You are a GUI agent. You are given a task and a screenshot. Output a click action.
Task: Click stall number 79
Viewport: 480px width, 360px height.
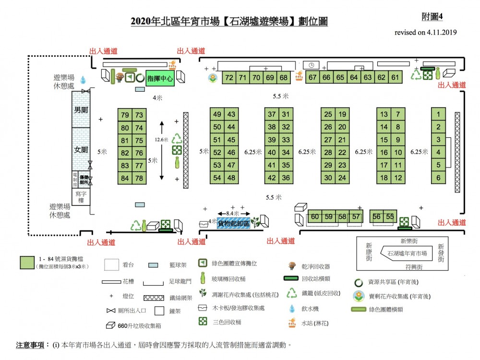pyautogui.click(x=125, y=115)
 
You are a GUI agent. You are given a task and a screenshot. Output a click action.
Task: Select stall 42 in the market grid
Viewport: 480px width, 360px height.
pyautogui.click(x=272, y=178)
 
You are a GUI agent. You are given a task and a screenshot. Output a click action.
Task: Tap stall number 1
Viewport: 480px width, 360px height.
pyautogui.click(x=438, y=115)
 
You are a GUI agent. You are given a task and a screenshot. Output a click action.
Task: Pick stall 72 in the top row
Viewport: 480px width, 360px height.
pyautogui.click(x=229, y=77)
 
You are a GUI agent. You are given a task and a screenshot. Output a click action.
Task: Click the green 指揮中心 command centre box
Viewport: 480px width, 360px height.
pyautogui.click(x=159, y=78)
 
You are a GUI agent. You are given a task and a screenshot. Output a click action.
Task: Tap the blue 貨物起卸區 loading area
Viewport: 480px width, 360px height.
pyautogui.click(x=234, y=224)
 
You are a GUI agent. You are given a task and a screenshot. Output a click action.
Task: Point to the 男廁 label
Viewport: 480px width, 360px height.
pyautogui.click(x=81, y=110)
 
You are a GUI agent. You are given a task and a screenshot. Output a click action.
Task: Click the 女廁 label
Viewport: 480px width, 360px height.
pyautogui.click(x=81, y=150)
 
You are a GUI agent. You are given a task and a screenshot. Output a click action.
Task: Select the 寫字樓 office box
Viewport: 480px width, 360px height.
pyautogui.click(x=81, y=196)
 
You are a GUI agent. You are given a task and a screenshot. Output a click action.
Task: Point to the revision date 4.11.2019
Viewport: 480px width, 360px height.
pyautogui.click(x=442, y=33)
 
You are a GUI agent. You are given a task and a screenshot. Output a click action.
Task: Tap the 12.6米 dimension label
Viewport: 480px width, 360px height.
pyautogui.click(x=162, y=139)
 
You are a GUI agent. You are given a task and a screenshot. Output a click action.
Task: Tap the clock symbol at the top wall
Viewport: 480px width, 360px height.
pyautogui.click(x=311, y=65)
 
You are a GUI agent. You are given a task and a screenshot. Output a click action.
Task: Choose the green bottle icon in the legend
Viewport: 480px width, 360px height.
pyautogui.click(x=203, y=277)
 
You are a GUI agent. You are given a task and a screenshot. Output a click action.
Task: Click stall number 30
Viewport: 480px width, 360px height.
pyautogui.click(x=328, y=178)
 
